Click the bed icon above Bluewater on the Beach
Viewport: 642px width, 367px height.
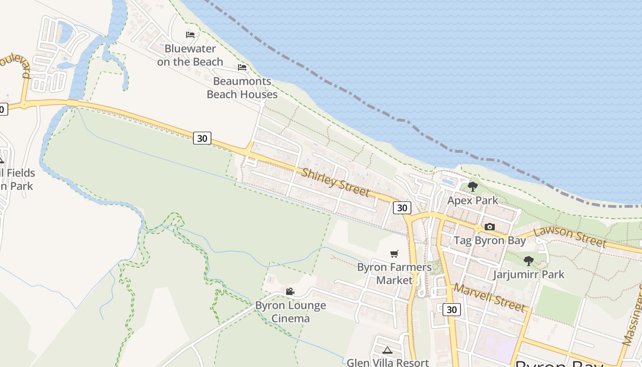[190, 35]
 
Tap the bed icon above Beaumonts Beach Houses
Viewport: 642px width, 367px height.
[242, 67]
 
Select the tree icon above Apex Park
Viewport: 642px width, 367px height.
[473, 187]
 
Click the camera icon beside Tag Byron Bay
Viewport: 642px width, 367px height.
[490, 227]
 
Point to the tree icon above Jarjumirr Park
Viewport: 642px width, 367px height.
[529, 261]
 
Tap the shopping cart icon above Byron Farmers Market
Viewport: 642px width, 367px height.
[394, 254]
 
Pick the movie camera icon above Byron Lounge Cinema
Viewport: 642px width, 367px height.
[290, 291]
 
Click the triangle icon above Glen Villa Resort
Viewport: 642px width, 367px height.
[387, 350]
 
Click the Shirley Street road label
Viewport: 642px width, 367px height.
[336, 182]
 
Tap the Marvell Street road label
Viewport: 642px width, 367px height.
[490, 297]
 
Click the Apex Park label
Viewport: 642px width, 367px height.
[473, 200]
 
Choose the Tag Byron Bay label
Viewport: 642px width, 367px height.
[490, 240]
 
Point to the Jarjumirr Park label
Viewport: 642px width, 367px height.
[529, 274]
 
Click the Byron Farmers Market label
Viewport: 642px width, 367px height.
[394, 273]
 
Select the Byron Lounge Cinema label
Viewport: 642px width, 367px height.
[291, 311]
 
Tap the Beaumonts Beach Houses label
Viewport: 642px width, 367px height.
[242, 88]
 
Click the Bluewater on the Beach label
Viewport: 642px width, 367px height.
[190, 55]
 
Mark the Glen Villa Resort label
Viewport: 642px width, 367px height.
[387, 362]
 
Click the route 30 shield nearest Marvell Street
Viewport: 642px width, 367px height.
[452, 310]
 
